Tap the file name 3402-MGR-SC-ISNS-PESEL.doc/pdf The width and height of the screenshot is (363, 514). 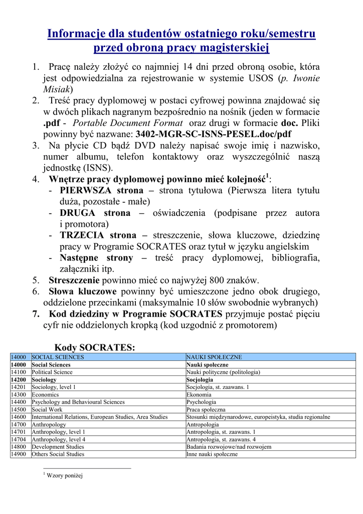pos(213,134)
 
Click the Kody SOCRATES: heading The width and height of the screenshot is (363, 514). pos(95,347)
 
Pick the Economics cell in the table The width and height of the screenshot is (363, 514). pos(45,395)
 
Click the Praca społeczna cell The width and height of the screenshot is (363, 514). pos(206,410)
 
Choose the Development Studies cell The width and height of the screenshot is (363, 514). pos(58,447)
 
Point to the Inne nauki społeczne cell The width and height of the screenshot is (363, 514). pos(212,454)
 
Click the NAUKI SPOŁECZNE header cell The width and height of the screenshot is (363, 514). pos(214,357)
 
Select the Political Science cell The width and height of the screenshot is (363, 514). pos(52,372)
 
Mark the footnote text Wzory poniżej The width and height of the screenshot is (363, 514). pos(64,475)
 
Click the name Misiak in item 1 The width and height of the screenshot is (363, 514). pos(56,89)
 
